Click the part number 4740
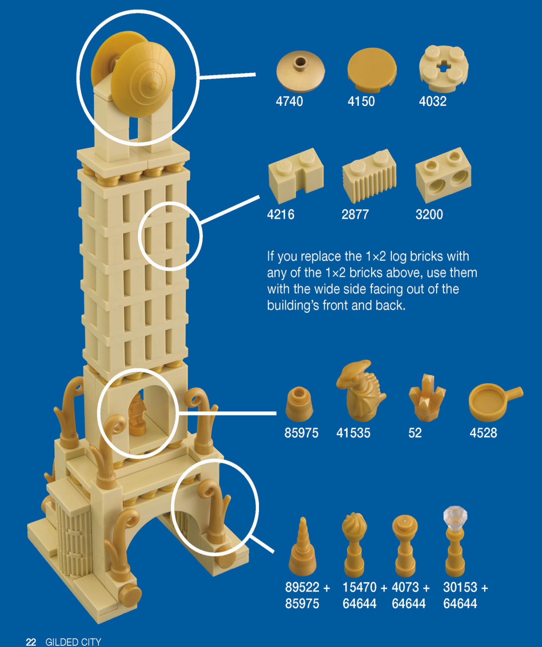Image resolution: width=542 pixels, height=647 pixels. [289, 101]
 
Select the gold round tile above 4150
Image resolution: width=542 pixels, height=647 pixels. [372, 70]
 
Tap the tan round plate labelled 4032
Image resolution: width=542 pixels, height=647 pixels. [443, 69]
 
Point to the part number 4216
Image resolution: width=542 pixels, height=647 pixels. [281, 214]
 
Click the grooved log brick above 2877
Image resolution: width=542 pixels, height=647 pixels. [369, 175]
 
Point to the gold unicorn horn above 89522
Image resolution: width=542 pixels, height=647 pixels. [303, 546]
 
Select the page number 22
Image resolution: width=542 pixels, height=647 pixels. [31, 642]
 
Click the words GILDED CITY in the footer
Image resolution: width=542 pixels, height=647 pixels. [74, 642]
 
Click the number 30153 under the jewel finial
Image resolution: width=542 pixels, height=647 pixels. [460, 587]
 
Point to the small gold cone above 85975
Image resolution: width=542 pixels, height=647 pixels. [299, 404]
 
